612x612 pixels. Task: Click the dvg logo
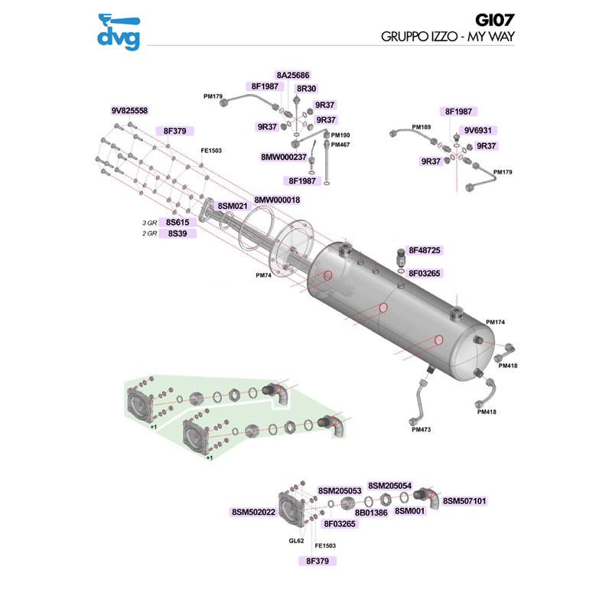[x=119, y=32]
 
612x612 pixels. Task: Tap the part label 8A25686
[x=293, y=76]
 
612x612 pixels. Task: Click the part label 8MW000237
[x=284, y=157]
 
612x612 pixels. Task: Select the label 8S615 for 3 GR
[x=178, y=222]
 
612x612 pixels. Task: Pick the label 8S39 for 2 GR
[x=178, y=233]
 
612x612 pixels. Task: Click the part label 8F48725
[x=429, y=250]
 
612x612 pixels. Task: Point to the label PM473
[x=421, y=430]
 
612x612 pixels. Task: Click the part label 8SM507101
[x=464, y=501]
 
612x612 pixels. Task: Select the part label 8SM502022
[x=253, y=513]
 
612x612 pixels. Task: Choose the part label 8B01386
[x=371, y=513]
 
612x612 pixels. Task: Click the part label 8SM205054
[x=390, y=486]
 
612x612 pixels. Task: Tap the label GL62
[x=296, y=541]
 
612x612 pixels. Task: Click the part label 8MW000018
[x=277, y=200]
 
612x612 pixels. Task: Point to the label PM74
[x=264, y=275]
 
